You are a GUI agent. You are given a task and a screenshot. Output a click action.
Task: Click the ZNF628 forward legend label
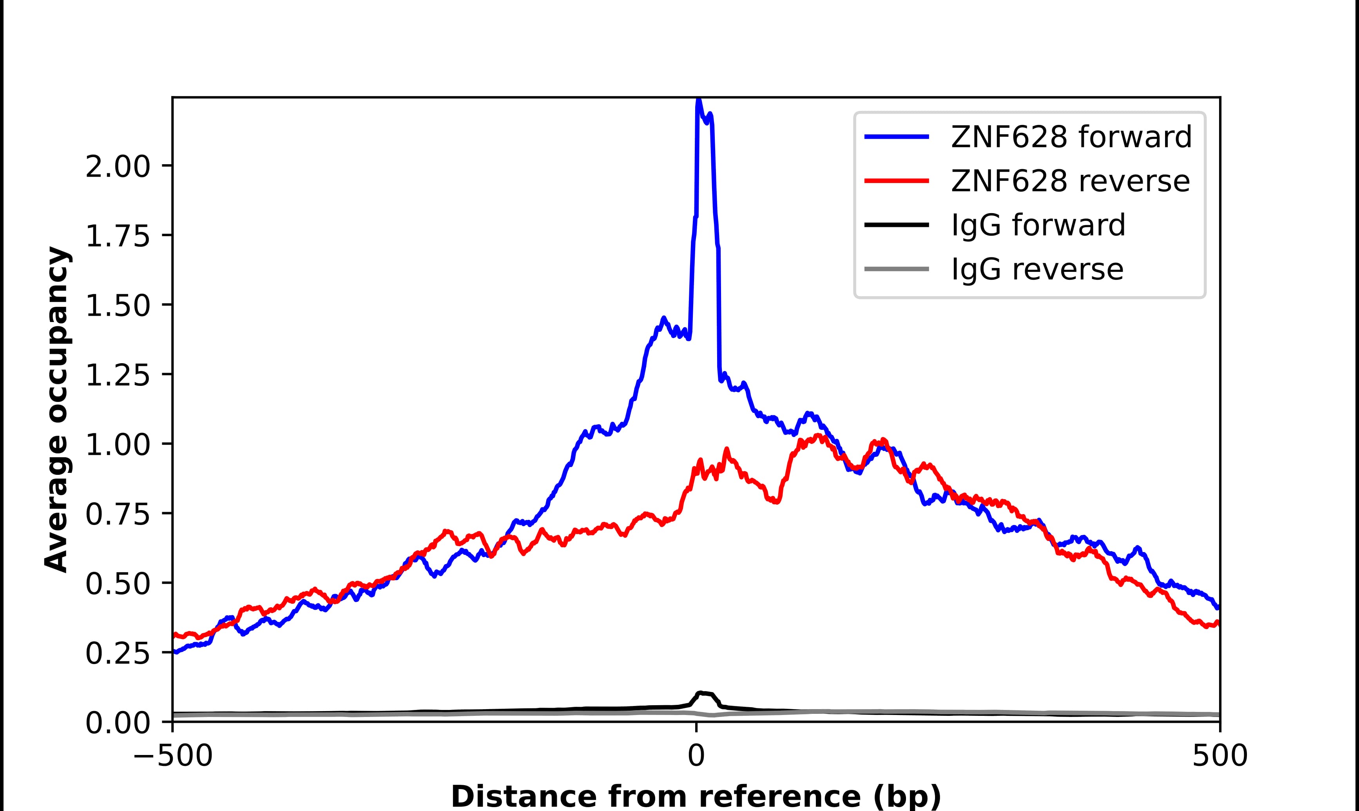(x=1071, y=137)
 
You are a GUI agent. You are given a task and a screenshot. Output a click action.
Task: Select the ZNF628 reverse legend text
(x=1070, y=181)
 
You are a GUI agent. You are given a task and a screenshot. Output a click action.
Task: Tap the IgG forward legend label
(x=1038, y=225)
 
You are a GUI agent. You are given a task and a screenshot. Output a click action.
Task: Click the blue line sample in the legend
(x=896, y=137)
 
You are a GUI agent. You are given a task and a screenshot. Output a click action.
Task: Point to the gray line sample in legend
(x=896, y=269)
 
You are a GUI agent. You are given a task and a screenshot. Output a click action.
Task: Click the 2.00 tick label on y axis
(x=118, y=166)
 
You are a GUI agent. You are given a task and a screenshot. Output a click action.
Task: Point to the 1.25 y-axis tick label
(x=118, y=375)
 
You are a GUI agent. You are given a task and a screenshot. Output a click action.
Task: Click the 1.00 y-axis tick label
(x=118, y=444)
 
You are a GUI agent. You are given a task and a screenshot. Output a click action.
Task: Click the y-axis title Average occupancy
(x=57, y=409)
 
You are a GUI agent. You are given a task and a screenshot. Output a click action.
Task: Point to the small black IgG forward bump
(x=705, y=695)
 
